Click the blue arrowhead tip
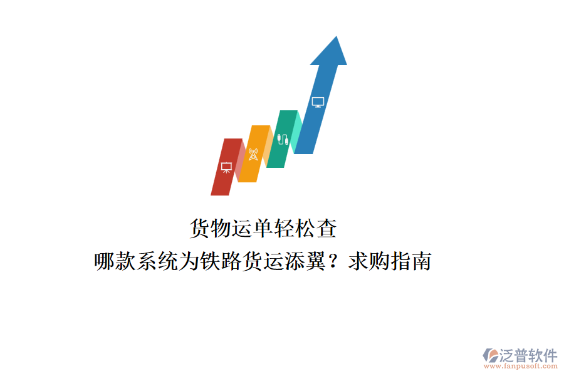(337, 36)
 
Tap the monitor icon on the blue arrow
(318, 102)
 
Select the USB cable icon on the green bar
(283, 139)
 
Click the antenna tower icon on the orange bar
(253, 154)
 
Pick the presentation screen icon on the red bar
(226, 168)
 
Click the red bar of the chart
(227, 167)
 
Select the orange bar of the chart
(254, 154)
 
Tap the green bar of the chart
(282, 139)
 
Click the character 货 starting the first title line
(200, 228)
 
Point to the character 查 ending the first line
(326, 228)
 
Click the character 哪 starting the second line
(105, 261)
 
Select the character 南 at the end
(422, 261)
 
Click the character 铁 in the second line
(211, 261)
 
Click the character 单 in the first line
(263, 228)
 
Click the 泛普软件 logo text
(528, 355)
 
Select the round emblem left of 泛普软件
(490, 355)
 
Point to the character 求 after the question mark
(358, 261)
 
